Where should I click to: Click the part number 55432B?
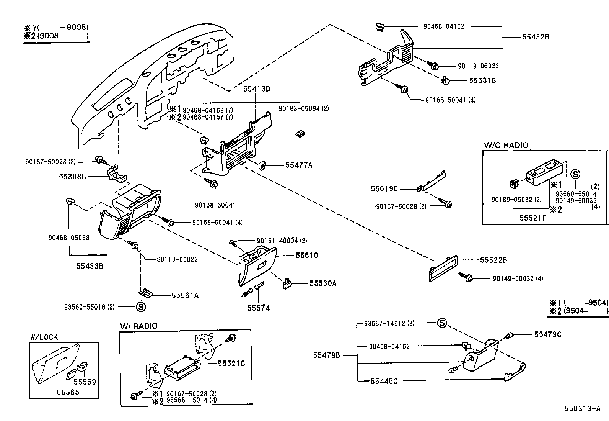(535, 37)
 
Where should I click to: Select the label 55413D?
(256, 89)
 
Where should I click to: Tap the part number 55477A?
(299, 165)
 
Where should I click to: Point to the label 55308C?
(72, 177)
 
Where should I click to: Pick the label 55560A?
(323, 283)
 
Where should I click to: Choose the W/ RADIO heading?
(138, 326)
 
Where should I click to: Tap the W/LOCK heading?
(44, 337)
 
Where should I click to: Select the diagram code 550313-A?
(582, 408)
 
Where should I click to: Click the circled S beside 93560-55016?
(141, 306)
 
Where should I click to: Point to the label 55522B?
(493, 260)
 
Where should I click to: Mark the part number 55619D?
(384, 189)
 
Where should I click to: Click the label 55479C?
(547, 334)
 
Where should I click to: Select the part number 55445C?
(384, 381)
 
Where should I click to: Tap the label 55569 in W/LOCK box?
(85, 382)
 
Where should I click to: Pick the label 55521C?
(231, 364)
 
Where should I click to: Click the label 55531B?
(482, 81)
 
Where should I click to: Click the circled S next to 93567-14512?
(442, 323)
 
